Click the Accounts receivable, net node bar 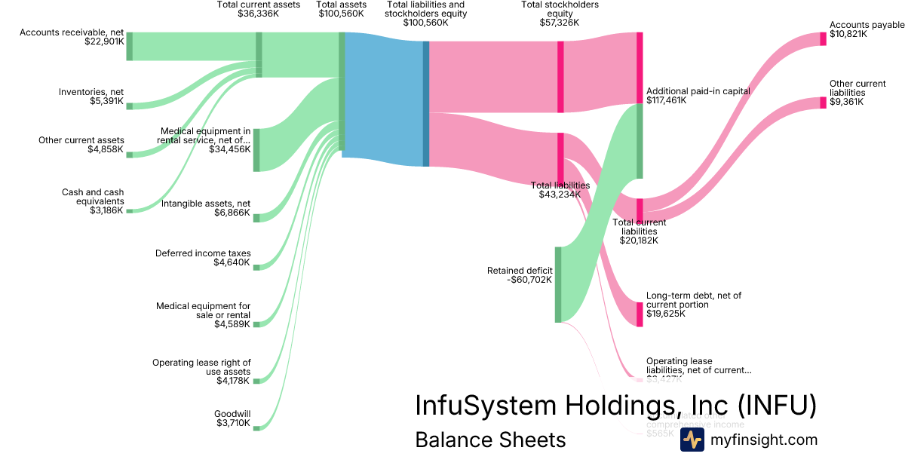coord(130,46)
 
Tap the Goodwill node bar coord(256,427)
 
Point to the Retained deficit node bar coord(558,284)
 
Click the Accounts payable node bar coord(824,38)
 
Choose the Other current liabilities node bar coord(824,103)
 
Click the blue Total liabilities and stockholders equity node coord(426,103)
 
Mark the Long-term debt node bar coord(640,314)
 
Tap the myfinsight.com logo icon coord(692,440)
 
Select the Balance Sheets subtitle coord(489,440)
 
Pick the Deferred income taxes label coord(203,253)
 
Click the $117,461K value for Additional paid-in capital coord(666,100)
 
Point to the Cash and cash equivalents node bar coord(130,210)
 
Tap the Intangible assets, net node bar coord(256,218)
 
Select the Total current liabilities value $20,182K coord(639,241)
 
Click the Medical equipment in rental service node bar coord(256,150)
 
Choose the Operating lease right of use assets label coord(201,367)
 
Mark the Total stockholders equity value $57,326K coord(560,23)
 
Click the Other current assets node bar coord(130,155)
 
